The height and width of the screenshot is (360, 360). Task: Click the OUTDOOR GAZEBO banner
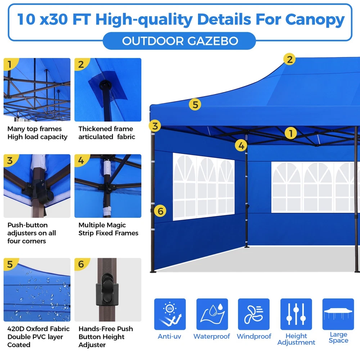coord(179,41)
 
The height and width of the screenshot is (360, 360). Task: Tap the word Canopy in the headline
coord(315,20)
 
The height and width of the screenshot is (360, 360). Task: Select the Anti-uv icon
coord(170,314)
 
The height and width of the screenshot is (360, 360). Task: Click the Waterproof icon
coord(212,314)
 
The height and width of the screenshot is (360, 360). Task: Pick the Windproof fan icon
coord(254,314)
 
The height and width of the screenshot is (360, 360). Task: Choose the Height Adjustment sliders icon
coord(296,314)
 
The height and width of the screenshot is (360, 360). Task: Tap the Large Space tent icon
coord(338,314)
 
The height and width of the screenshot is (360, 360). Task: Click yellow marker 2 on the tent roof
coord(289,59)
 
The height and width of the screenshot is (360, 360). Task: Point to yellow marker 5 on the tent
coord(195,104)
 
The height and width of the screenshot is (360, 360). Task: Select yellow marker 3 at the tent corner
coord(155,126)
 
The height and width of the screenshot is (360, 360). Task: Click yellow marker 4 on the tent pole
coord(241,145)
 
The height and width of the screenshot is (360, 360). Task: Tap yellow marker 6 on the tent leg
coord(160,211)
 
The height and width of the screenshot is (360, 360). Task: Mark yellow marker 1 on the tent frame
coord(291,133)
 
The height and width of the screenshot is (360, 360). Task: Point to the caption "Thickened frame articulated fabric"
coord(107,133)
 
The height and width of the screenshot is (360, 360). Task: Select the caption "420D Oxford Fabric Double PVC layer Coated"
coord(39,337)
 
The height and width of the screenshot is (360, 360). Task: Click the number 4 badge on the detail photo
coord(81,160)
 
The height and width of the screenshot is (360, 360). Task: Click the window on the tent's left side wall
coord(204,186)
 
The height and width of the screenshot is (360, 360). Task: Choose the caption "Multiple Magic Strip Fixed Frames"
coord(108,229)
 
